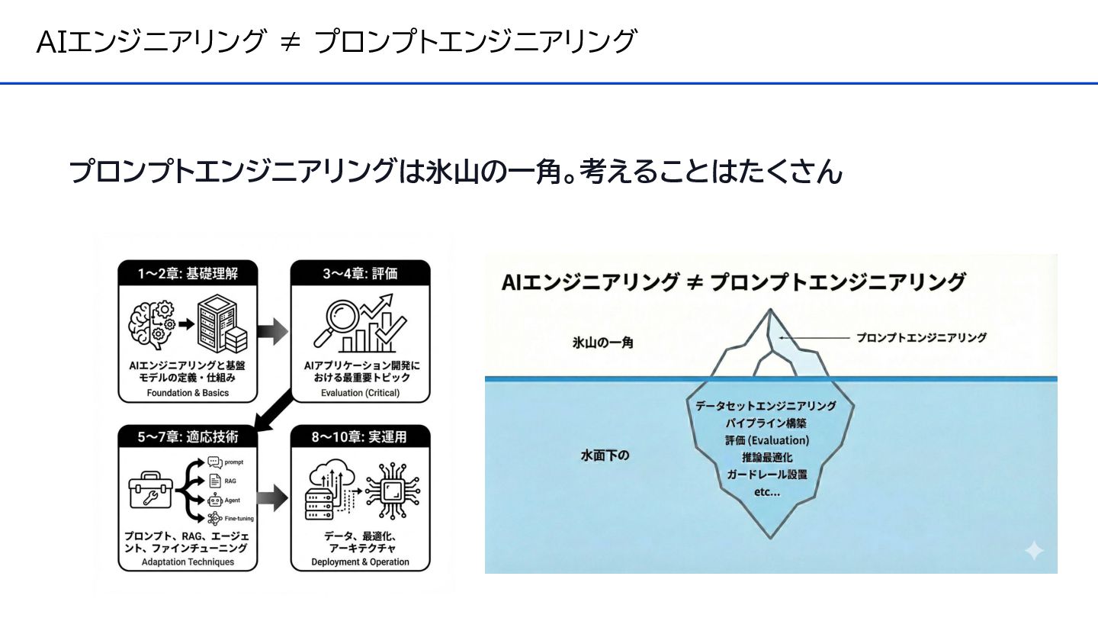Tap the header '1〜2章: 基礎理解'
click(x=188, y=273)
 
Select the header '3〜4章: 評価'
click(x=361, y=273)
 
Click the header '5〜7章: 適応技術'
click(x=188, y=437)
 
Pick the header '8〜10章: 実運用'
click(x=361, y=437)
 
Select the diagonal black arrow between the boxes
click(x=275, y=410)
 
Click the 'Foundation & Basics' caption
click(x=188, y=394)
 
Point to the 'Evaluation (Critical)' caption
click(x=361, y=394)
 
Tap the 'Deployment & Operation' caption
click(x=361, y=562)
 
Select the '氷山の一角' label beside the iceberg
click(x=603, y=343)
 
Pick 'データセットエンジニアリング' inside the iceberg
click(x=766, y=406)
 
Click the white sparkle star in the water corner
click(x=1033, y=551)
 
